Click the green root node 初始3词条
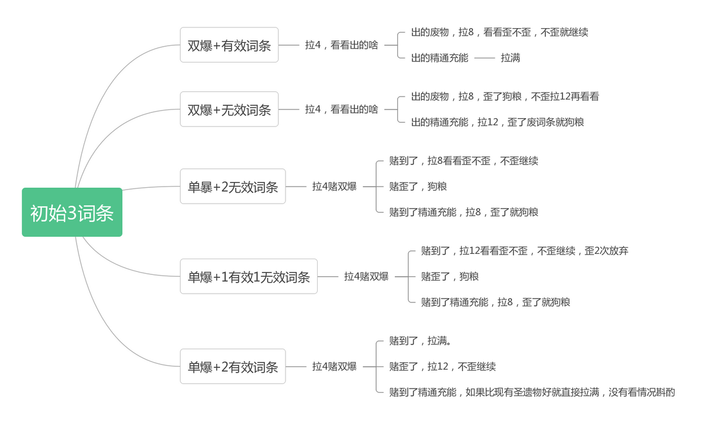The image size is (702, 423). pos(72,212)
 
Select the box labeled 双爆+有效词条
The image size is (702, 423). pos(229,45)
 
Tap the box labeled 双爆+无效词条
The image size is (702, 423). pos(229,109)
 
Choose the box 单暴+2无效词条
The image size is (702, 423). pos(233,186)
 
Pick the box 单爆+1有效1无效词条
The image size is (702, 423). pos(249,276)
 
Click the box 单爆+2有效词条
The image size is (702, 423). pos(233,366)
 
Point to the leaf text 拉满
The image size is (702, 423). pos(510,58)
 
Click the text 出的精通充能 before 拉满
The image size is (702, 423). pos(439,58)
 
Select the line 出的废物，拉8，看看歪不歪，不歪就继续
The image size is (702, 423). pos(500,32)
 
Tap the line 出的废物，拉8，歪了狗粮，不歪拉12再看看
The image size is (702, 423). pos(505,96)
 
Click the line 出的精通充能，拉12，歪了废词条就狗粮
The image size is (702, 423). pos(497,122)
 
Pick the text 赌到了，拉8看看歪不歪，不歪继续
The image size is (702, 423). pos(463,161)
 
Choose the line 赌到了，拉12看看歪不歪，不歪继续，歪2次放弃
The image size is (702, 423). pos(525,250)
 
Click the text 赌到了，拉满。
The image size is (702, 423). pos(420,341)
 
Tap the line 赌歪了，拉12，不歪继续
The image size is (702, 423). pos(442,366)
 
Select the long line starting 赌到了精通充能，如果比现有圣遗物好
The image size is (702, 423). pos(532,392)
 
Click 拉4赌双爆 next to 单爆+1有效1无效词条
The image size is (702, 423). pos(366,276)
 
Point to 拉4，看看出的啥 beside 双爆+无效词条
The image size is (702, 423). pos(342,109)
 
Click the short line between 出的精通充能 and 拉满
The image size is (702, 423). pos(484,58)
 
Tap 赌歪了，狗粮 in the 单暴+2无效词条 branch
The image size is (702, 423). pos(418,187)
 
